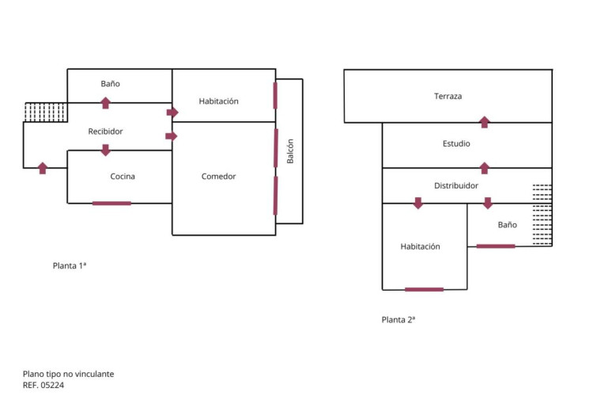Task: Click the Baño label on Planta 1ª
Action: [x=110, y=84]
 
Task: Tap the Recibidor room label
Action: [x=105, y=131]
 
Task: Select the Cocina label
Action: [x=123, y=177]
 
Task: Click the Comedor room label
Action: [x=218, y=177]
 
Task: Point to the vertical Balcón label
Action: [x=290, y=151]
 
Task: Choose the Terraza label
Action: [x=448, y=97]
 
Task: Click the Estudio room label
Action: [x=456, y=144]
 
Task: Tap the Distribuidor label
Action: [x=456, y=186]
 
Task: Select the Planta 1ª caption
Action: [x=70, y=266]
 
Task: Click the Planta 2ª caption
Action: [x=398, y=320]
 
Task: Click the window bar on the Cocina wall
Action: [x=111, y=204]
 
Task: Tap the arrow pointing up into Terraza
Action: [x=485, y=122]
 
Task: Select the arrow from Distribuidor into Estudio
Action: [x=485, y=168]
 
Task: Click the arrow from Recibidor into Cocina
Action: [x=105, y=150]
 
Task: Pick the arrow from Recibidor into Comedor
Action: [x=172, y=136]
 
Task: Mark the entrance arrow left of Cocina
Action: [x=43, y=167]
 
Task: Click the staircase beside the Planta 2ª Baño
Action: [x=542, y=215]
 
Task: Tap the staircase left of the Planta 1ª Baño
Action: [x=46, y=112]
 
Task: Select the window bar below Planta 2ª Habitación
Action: [x=424, y=289]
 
